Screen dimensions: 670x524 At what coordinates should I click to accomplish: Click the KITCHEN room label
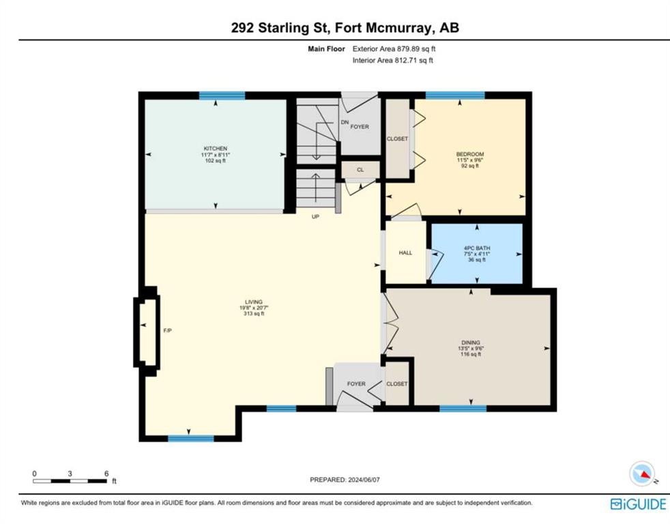pos(216,148)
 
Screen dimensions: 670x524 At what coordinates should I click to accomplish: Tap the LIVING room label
pos(254,302)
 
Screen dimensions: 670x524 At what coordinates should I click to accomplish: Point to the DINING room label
pos(471,343)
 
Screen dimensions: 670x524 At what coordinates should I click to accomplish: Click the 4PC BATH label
pos(477,248)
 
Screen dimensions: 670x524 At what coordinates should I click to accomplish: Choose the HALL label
pos(405,253)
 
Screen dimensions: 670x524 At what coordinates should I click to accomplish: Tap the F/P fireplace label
pos(168,330)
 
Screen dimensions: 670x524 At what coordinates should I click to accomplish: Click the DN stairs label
pos(345,122)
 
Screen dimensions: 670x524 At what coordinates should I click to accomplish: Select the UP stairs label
pos(315,217)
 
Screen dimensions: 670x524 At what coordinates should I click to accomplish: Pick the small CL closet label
pos(360,170)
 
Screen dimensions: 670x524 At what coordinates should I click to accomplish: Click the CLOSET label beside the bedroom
pos(397,139)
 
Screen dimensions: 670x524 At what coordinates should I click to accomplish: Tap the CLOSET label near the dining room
pos(397,384)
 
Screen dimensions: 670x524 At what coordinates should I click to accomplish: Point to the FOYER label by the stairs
pos(360,126)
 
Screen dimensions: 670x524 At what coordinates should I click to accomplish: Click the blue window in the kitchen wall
pos(222,96)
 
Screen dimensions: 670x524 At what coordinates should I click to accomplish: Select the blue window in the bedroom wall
pos(456,96)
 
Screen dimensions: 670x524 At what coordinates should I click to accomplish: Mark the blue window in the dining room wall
pos(463,409)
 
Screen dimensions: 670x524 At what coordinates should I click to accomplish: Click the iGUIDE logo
pos(639,504)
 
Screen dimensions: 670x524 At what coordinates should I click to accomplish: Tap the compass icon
pos(642,474)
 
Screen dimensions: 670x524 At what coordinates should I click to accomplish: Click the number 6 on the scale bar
pos(106,474)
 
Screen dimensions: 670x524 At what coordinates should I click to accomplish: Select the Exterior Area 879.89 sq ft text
pos(394,49)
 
